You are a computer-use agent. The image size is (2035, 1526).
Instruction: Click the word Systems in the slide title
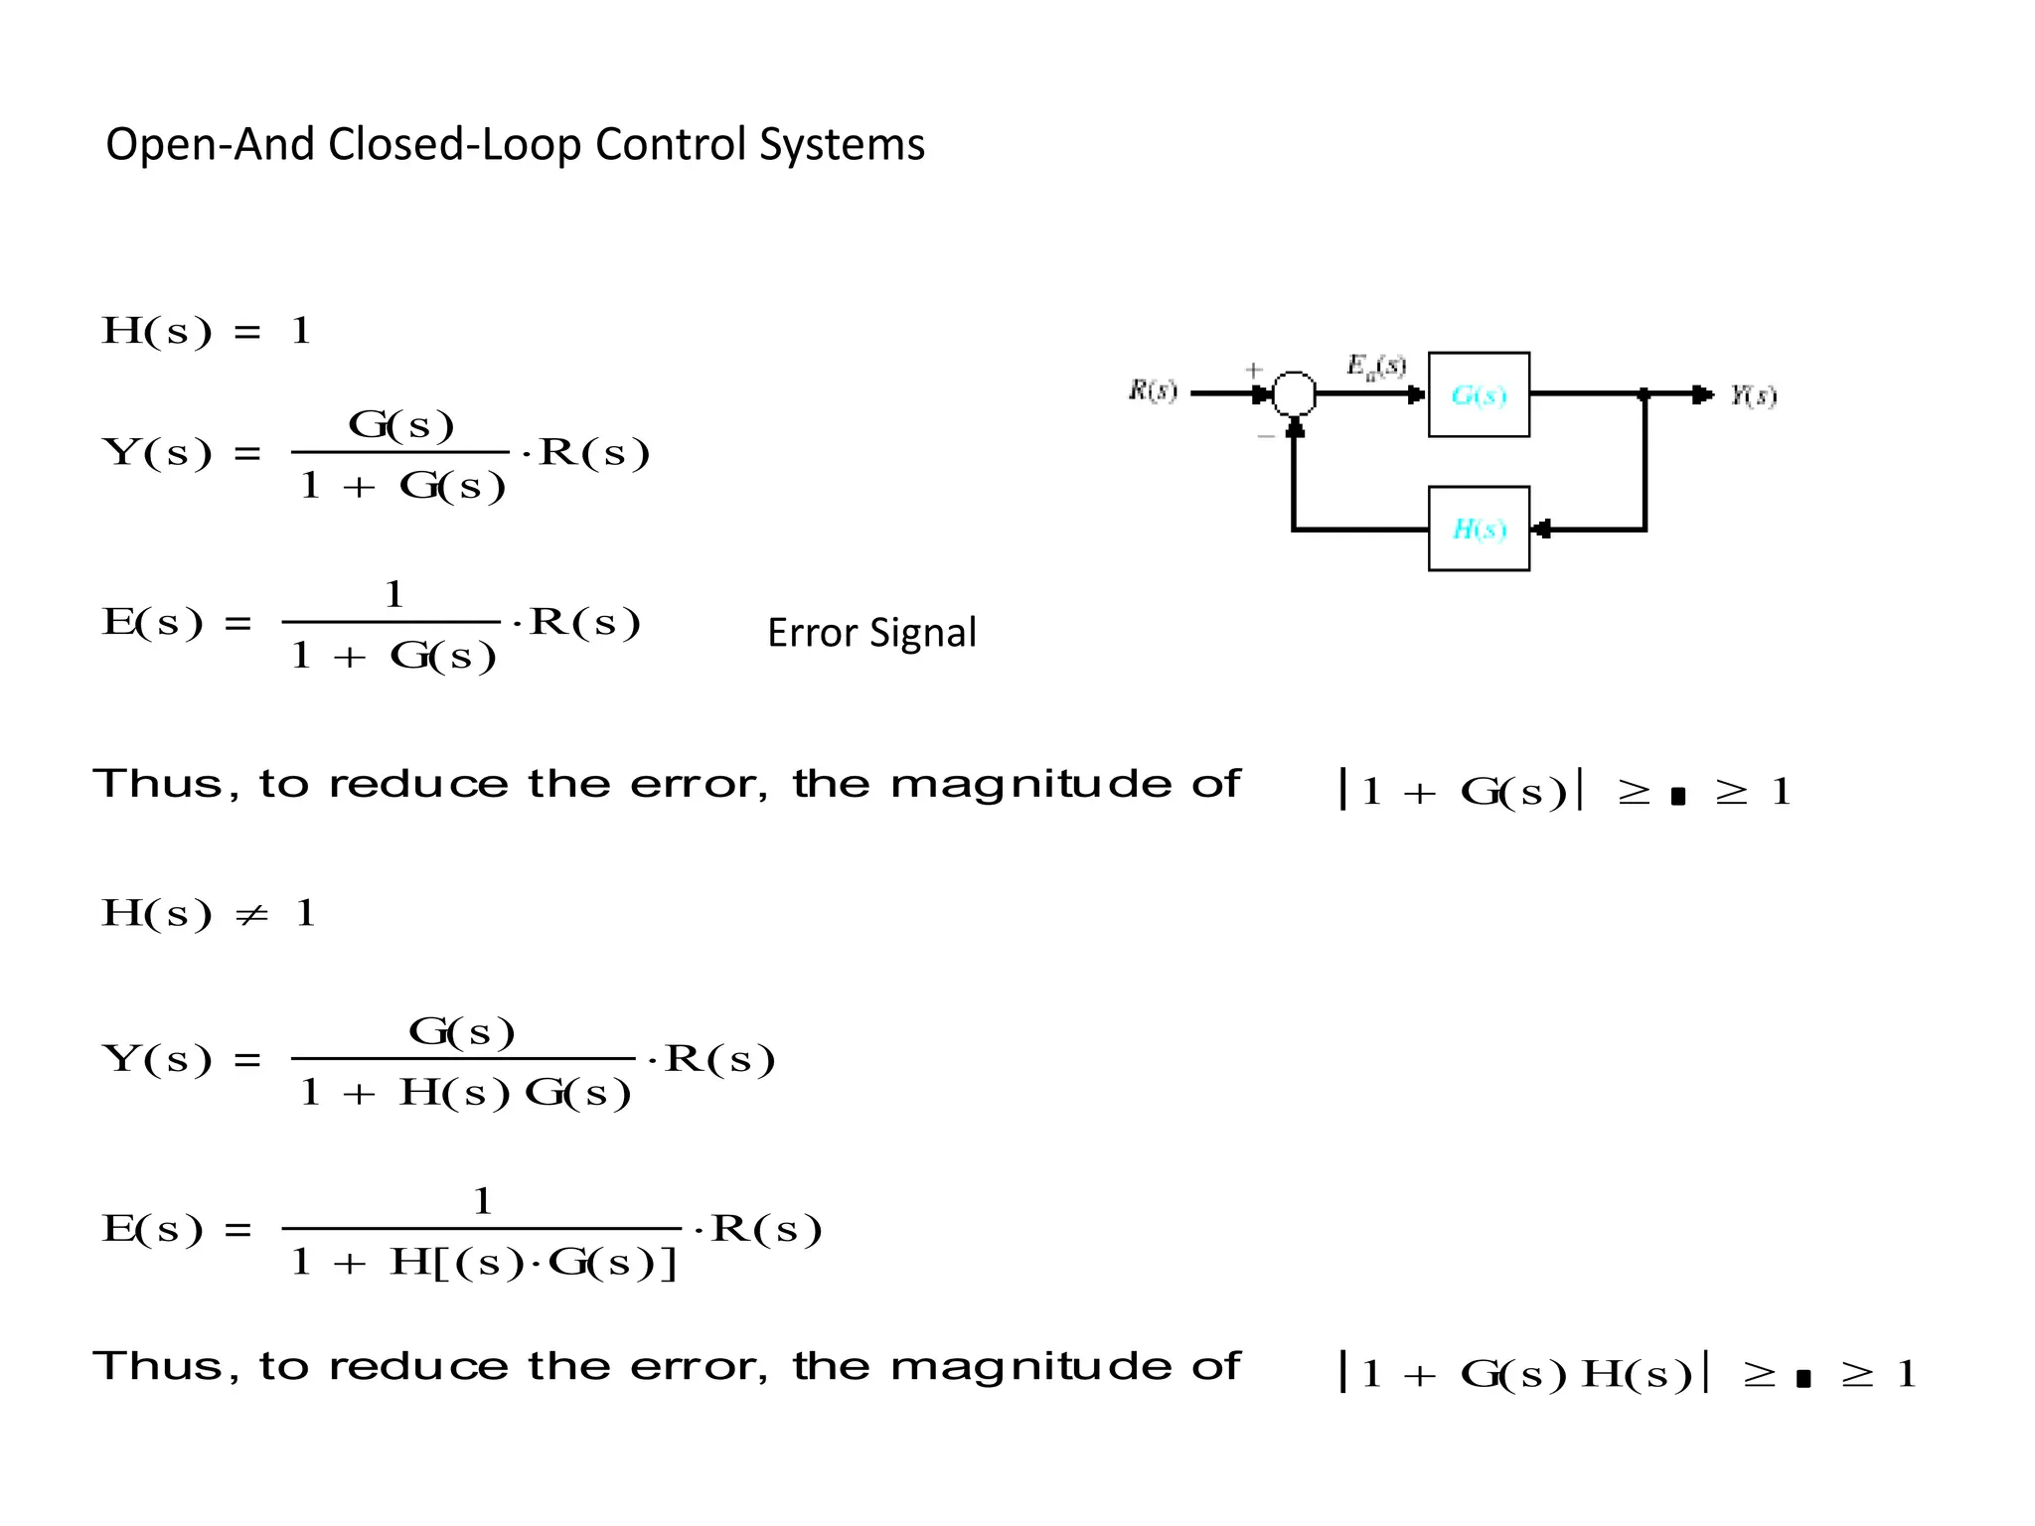tap(842, 145)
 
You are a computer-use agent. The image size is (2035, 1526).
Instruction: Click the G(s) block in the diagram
tap(1479, 394)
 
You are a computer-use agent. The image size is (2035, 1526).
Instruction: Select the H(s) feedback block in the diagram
tap(1479, 529)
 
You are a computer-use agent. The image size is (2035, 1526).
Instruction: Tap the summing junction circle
tap(1294, 394)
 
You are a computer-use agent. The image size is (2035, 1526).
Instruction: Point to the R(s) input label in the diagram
tap(1153, 390)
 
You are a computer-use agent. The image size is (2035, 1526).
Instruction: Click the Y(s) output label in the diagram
tap(1753, 395)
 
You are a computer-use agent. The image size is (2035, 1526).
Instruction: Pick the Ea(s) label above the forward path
tap(1376, 367)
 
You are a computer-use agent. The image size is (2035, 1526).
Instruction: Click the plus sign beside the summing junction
tap(1254, 370)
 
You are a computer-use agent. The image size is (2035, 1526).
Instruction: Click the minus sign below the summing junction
tap(1266, 435)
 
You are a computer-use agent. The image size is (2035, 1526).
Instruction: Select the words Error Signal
tap(871, 633)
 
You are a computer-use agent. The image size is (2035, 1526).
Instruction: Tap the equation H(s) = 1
tap(207, 331)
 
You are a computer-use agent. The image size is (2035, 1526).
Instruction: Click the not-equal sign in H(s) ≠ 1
tap(252, 915)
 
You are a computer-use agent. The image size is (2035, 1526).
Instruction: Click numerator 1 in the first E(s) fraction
tap(394, 595)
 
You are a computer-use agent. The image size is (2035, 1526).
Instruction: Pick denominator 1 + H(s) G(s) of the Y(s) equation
tap(465, 1093)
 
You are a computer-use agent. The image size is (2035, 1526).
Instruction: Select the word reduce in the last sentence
tap(418, 1367)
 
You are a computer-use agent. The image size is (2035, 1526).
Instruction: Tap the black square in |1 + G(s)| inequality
tap(1678, 796)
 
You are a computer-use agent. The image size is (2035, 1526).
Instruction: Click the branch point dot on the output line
tap(1644, 394)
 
